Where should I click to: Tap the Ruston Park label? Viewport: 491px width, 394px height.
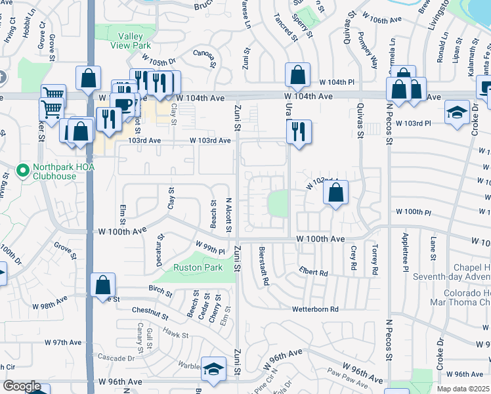pos(198,267)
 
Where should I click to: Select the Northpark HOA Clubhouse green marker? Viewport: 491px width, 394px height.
pos(23,171)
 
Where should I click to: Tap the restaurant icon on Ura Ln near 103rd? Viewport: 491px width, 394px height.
pos(299,131)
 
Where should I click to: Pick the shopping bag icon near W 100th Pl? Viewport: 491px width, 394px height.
pos(335,193)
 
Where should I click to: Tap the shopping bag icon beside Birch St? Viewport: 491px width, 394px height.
pos(103,285)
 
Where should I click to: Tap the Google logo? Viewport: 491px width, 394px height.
pos(22,386)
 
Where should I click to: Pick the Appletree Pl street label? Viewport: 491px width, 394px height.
pos(405,252)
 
